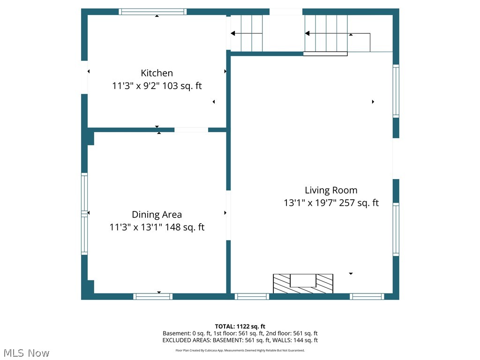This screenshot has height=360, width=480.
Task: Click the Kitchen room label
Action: [x=157, y=73]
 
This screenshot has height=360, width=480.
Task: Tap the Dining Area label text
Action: [x=157, y=215]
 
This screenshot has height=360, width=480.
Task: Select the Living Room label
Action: [x=331, y=190]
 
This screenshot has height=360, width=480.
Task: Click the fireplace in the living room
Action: [x=303, y=284]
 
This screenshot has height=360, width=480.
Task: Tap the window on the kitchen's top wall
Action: [x=152, y=12]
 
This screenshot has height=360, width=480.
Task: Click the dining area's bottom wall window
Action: [x=153, y=296]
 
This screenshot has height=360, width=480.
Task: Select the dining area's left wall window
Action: [x=84, y=214]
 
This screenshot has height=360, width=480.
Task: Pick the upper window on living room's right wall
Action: [x=396, y=91]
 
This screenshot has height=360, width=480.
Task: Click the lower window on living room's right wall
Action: [x=396, y=229]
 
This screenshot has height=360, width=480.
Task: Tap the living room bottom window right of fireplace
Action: [x=367, y=296]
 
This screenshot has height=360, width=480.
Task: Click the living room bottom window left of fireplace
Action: [x=252, y=296]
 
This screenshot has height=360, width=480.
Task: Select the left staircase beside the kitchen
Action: [x=247, y=33]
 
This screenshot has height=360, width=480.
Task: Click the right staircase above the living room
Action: [x=326, y=33]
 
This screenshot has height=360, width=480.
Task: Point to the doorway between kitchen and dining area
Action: [x=191, y=130]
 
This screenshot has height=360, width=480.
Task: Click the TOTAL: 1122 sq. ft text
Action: [x=240, y=326]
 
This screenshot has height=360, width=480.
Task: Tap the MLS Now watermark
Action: [x=26, y=352]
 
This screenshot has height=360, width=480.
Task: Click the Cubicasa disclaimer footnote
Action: [x=240, y=350]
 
